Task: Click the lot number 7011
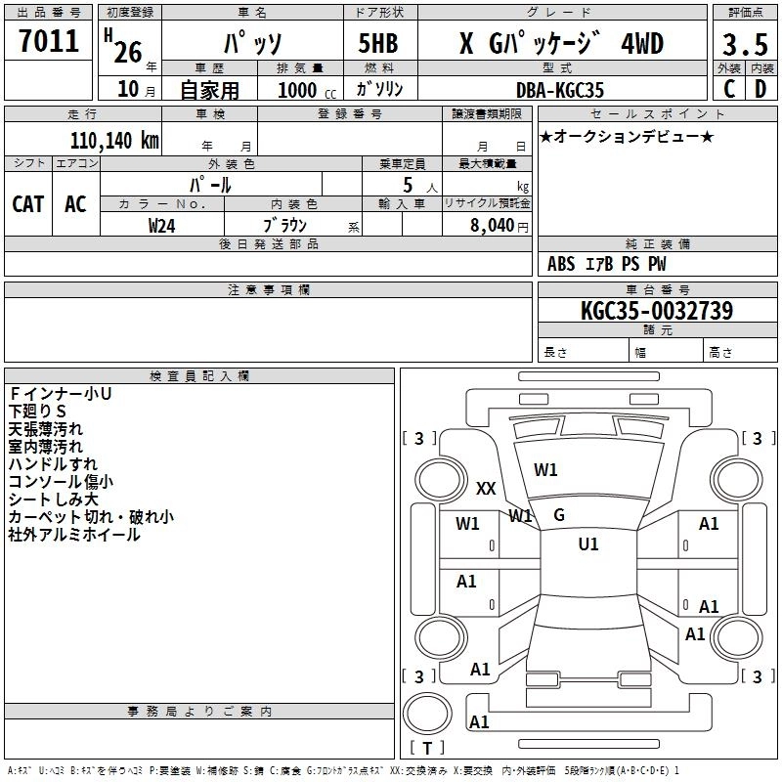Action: click(x=49, y=41)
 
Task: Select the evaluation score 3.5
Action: click(x=743, y=45)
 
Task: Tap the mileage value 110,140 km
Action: click(x=113, y=141)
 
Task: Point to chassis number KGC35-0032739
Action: click(x=656, y=311)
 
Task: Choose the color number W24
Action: click(x=162, y=225)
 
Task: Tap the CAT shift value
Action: click(x=28, y=203)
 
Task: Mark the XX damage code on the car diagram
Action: click(x=486, y=489)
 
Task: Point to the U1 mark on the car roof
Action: click(x=588, y=543)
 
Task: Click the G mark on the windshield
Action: click(x=559, y=514)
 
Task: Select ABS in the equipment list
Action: click(x=561, y=264)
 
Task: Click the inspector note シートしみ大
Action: click(x=53, y=500)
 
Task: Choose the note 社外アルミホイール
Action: click(x=73, y=535)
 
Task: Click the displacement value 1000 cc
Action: click(x=299, y=90)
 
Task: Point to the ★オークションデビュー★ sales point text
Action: click(x=626, y=136)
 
